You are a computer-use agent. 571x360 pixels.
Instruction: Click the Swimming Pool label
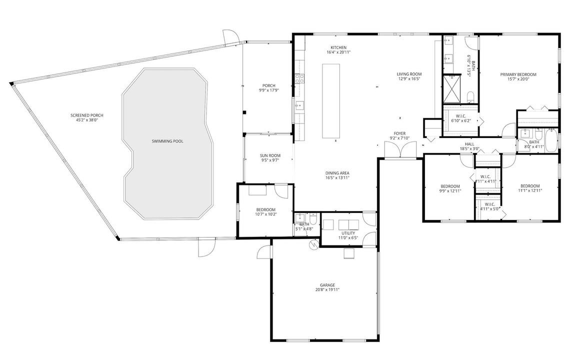[167, 141]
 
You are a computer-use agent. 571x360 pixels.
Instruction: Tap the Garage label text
[327, 285]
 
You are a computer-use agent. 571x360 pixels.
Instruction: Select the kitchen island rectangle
[331, 101]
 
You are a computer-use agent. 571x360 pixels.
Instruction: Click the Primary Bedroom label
[518, 74]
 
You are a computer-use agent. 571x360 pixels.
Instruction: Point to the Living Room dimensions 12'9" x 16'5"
[409, 78]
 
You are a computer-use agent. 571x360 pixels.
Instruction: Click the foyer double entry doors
[400, 149]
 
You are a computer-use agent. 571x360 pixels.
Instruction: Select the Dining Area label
[337, 173]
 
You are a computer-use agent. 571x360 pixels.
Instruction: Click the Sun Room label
[270, 156]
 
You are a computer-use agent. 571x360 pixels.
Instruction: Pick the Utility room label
[348, 233]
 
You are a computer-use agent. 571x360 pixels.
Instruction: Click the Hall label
[469, 144]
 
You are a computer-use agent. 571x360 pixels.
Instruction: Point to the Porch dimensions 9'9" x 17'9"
[268, 90]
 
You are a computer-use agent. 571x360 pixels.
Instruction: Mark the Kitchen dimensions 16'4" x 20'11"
[338, 52]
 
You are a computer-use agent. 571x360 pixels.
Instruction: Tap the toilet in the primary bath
[470, 96]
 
